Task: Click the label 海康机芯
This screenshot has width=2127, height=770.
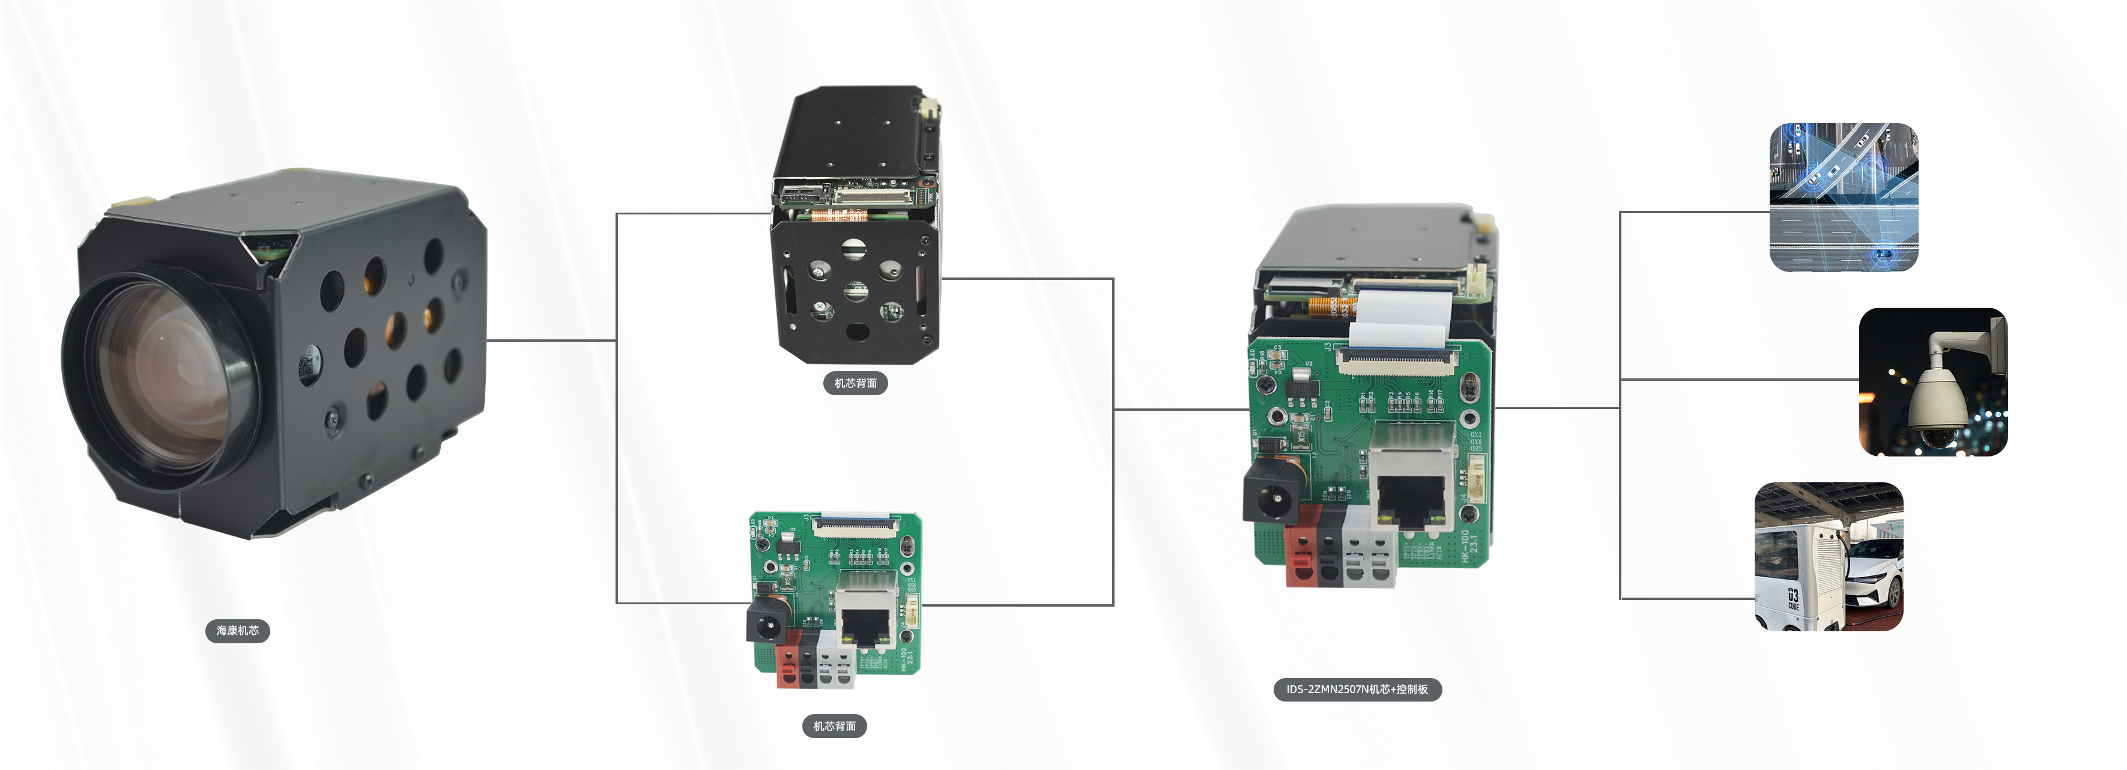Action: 237,631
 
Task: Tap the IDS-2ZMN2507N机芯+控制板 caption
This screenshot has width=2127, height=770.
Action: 1357,689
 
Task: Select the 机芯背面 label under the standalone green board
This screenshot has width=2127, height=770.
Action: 834,726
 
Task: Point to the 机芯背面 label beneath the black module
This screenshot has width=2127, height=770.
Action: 855,383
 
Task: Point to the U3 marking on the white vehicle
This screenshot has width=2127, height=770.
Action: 1793,596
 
